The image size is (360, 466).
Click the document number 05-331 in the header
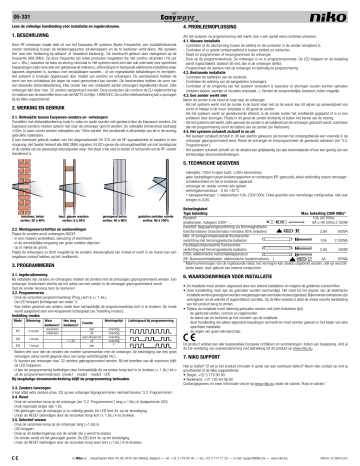pyautogui.click(x=19, y=8)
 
